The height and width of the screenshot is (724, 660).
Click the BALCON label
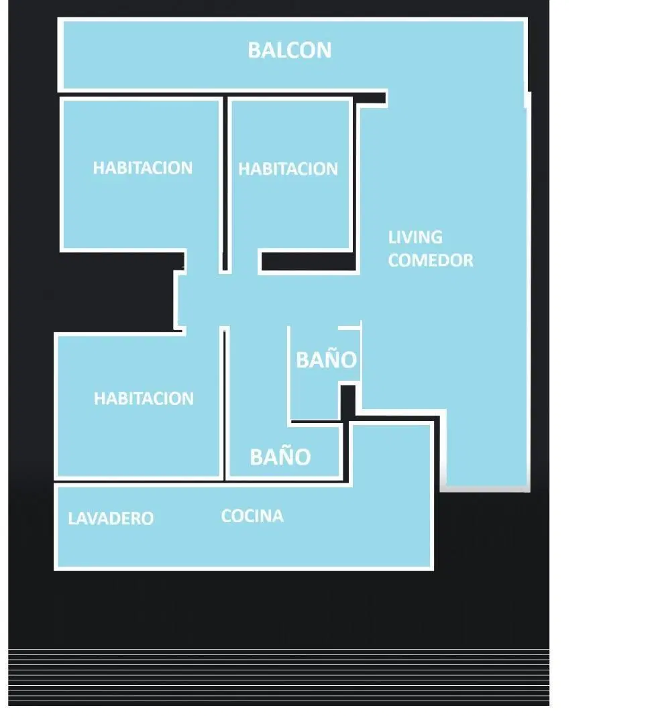click(290, 50)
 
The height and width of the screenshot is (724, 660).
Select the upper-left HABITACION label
click(143, 168)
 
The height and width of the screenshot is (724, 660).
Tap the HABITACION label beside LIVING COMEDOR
click(288, 169)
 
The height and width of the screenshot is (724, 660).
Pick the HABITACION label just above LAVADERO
click(144, 398)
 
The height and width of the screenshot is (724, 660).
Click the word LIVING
click(415, 237)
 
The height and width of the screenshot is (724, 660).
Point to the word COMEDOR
click(431, 260)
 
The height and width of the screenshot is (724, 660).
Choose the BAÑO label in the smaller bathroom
click(327, 359)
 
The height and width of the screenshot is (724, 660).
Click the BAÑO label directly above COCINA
click(280, 457)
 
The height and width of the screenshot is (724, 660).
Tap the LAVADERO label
click(111, 518)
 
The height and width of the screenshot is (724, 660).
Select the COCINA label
click(252, 516)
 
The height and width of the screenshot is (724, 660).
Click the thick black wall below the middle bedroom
click(309, 261)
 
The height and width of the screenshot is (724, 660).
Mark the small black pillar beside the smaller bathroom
click(348, 402)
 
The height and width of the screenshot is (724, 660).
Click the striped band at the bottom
click(278, 677)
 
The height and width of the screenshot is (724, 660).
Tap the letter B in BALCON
click(254, 50)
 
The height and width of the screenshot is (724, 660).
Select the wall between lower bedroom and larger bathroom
click(225, 405)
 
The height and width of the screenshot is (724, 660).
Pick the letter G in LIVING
click(435, 237)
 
